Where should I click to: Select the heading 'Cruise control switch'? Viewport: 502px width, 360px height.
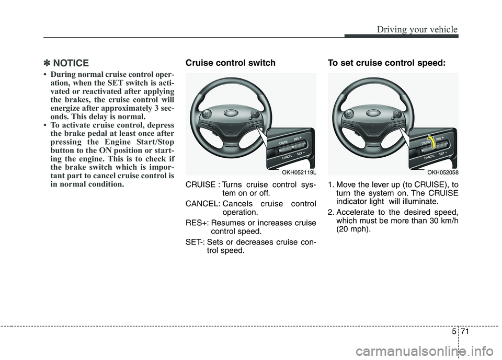[x=230, y=63]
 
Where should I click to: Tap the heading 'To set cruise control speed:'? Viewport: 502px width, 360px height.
[x=386, y=63]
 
